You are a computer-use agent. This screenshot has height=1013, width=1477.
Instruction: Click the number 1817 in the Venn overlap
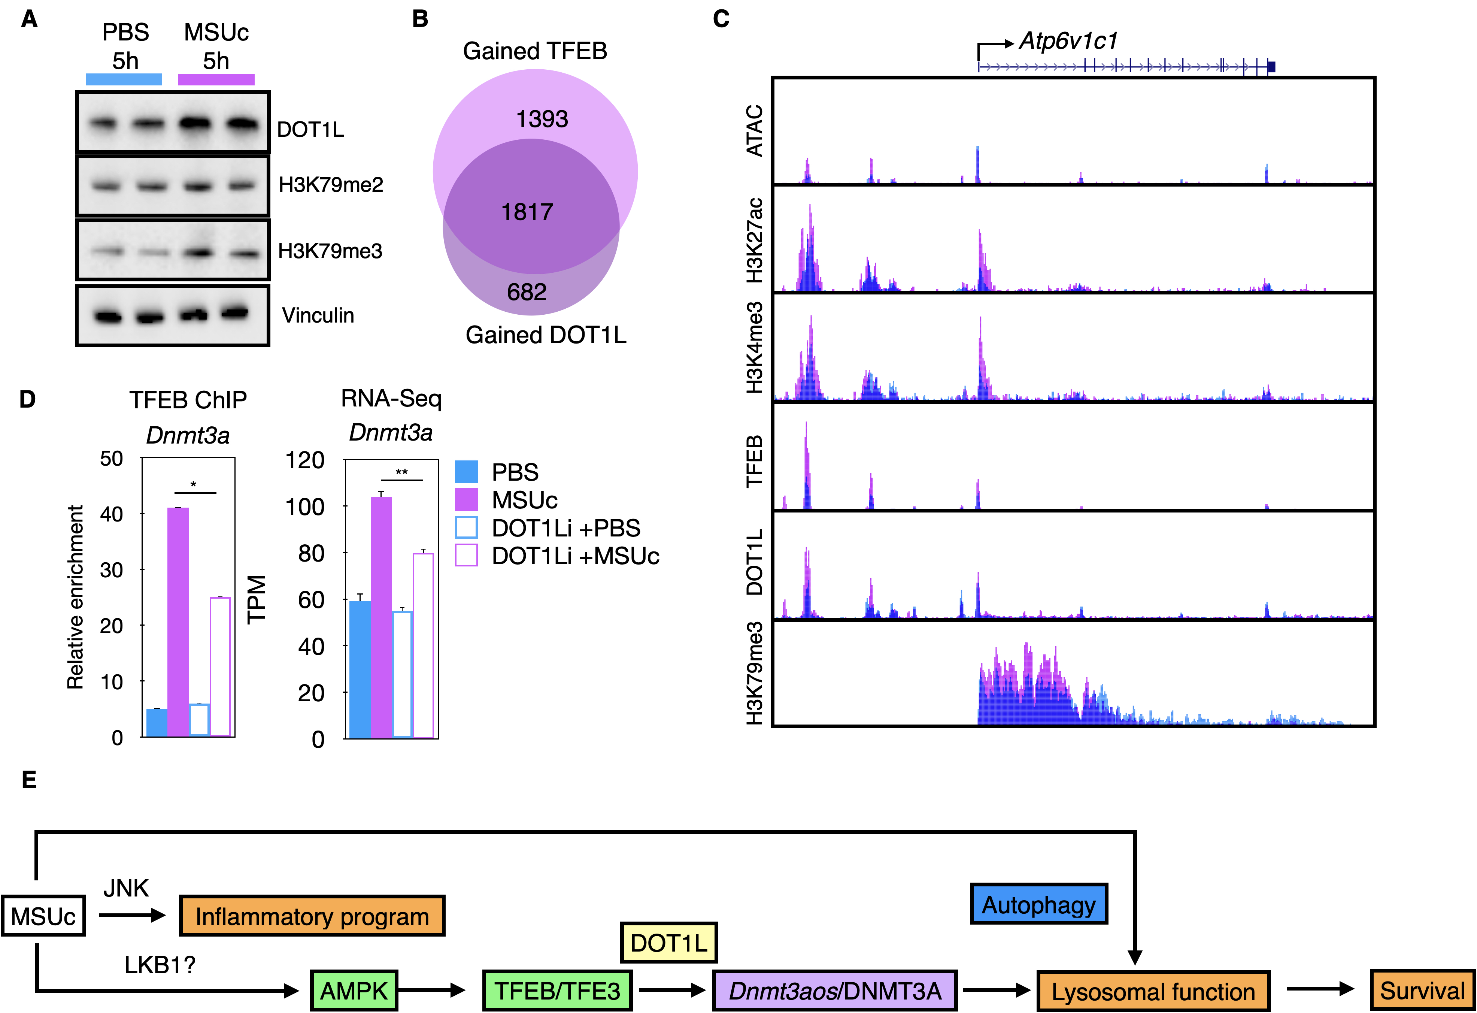tap(527, 212)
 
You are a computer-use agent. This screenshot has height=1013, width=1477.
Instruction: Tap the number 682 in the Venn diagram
tap(527, 292)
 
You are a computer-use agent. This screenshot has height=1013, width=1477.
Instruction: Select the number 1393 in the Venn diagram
tap(542, 119)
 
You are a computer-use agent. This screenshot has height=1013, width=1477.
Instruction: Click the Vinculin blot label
tap(318, 315)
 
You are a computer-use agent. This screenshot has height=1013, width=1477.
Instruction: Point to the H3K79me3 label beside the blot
tap(330, 251)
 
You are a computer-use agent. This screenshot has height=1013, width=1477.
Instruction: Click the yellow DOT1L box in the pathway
tap(668, 943)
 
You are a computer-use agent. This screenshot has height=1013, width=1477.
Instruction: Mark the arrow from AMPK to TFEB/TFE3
tap(432, 990)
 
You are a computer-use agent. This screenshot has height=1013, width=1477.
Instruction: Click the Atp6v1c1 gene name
tap(1068, 41)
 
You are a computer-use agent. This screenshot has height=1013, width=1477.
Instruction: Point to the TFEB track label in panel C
tap(754, 461)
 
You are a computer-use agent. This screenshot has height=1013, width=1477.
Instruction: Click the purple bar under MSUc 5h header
tap(216, 79)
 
